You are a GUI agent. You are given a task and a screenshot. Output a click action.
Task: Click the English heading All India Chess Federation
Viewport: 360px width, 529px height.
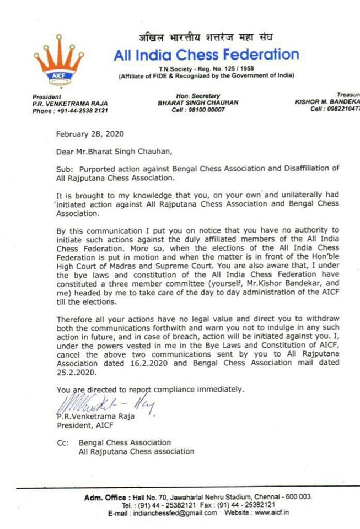[206, 55]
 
